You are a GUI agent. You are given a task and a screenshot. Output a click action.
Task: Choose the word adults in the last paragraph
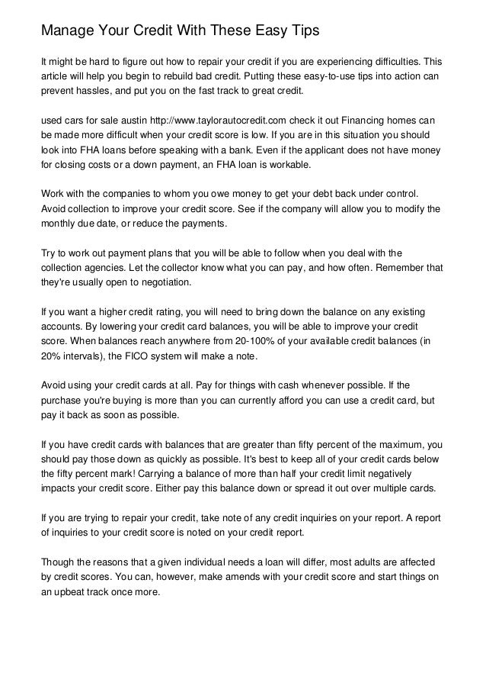[x=369, y=562]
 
